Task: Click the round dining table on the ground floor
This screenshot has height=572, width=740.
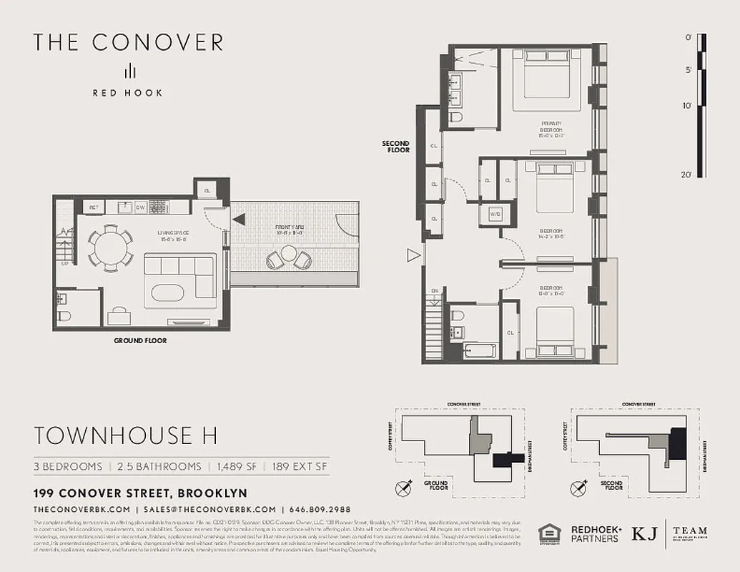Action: click(111, 248)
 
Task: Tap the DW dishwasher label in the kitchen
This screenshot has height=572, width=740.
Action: click(142, 208)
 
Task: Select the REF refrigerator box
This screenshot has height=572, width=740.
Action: click(93, 208)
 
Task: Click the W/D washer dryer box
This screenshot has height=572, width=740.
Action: click(495, 214)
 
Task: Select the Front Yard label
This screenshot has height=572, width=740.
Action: click(290, 230)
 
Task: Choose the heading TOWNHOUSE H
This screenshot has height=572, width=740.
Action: click(126, 435)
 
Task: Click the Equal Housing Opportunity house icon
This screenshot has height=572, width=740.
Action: click(548, 533)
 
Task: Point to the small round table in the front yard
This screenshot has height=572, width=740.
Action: click(289, 253)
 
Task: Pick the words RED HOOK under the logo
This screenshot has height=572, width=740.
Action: click(127, 92)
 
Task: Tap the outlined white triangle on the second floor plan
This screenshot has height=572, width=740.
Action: click(412, 255)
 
